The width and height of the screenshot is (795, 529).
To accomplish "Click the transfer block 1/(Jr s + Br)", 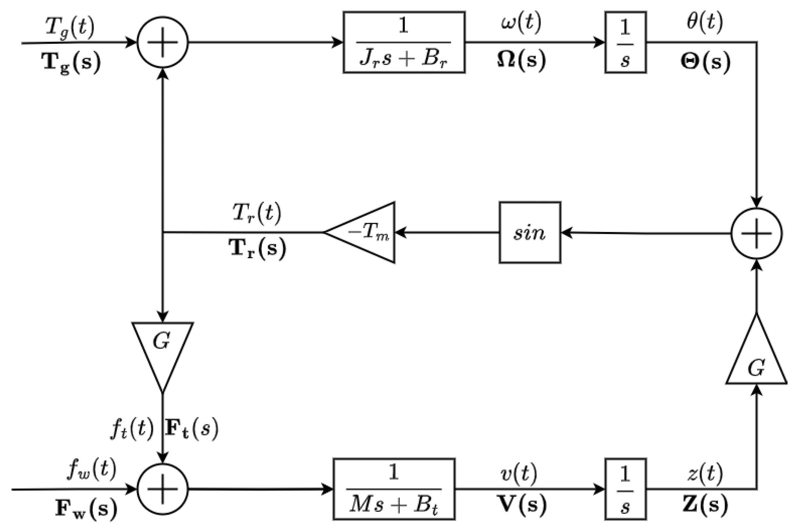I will tap(404, 43).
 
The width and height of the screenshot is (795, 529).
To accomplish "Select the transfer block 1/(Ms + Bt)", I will tap(394, 489).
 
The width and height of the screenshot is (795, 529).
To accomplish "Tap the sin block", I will tap(530, 233).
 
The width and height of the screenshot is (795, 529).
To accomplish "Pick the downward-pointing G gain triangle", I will tap(162, 348).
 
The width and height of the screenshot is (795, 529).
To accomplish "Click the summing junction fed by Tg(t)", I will tap(162, 43).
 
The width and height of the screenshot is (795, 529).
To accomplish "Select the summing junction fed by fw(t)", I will tap(162, 489).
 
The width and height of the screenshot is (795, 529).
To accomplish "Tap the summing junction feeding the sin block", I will tap(756, 233).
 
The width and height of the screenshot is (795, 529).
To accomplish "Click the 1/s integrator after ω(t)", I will tap(626, 43).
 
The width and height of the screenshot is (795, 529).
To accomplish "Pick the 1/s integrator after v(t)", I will tap(626, 489).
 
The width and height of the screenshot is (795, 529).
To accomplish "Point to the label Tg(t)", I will tap(70, 27).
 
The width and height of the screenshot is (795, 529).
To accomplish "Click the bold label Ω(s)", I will tap(521, 60).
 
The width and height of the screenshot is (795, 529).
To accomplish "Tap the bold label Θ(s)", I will tap(705, 62).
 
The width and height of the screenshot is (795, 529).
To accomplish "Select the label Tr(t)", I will tap(257, 214).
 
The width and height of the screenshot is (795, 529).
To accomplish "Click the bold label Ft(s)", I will tap(191, 429).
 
